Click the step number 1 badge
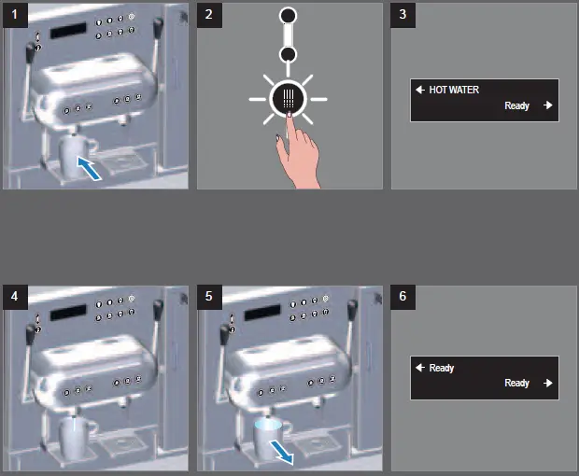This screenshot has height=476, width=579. pos(15,15)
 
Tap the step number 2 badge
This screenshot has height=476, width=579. pos(209,15)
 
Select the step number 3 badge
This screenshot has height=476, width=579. pos(402,15)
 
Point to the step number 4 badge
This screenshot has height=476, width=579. pos(15,297)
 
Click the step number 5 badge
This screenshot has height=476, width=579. pos(209,297)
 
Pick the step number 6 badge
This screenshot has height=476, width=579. pos(402,297)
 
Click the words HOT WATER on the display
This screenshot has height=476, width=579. pos(454,90)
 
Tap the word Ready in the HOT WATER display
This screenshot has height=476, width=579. pos(517,105)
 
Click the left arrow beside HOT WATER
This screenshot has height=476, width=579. pos(420,90)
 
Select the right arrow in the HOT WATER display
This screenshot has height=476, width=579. pos(548,105)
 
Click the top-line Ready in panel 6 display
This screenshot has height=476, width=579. pos(442,368)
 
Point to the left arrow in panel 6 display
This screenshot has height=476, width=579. pos(420,368)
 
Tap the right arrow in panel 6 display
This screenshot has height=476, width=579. pos(548,383)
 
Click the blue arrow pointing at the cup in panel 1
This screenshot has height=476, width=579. pos(90,169)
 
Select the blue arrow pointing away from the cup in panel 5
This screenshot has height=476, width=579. pos(281,453)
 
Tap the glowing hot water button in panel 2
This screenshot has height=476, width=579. pos(289,99)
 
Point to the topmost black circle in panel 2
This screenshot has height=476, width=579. pos(288,16)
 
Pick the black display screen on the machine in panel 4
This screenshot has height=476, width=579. pos(68,312)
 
